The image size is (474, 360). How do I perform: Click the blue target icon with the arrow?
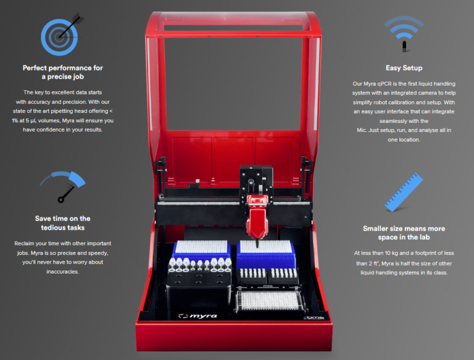point(59,37)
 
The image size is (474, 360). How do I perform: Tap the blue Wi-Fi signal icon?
point(404,31)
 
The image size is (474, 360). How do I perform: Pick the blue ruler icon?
point(404,193)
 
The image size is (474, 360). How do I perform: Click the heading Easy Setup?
point(404,68)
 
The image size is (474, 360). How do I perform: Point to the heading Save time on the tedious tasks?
point(62,223)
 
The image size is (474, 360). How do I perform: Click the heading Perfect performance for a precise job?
point(62,72)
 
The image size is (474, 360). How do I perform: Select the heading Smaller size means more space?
point(404,233)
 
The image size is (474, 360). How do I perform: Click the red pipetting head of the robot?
point(257,216)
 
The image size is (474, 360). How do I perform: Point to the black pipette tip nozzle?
point(257,243)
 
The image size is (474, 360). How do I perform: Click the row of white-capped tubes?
point(200,264)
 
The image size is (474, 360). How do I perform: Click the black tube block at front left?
point(199,290)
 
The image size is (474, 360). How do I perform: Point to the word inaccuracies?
point(62,272)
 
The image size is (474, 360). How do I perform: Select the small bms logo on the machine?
point(314,317)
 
